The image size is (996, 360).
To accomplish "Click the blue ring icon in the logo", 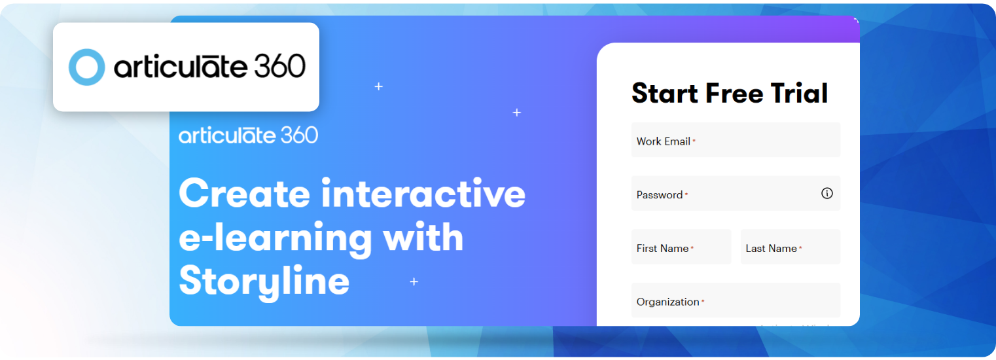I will click(86, 67).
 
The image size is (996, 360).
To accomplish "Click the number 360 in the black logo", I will click(280, 67).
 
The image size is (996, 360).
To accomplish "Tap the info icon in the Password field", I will click(827, 193).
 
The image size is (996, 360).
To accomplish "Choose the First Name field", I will click(681, 247).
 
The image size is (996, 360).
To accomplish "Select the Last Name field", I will click(790, 247).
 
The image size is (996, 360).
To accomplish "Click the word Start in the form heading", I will click(664, 94).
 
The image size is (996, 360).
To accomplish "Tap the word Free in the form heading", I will click(732, 94).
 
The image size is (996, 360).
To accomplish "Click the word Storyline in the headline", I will click(264, 280).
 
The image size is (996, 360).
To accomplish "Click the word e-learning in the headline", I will click(275, 238).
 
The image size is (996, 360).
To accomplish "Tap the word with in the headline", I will click(423, 237).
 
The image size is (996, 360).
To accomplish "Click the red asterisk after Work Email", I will click(694, 141).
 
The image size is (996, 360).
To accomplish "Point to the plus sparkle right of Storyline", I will click(414, 282).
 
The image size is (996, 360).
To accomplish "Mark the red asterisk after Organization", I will click(703, 302).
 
